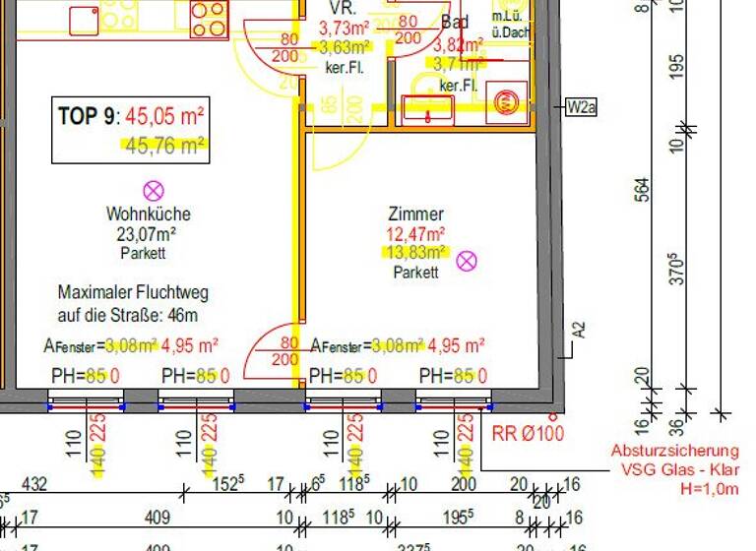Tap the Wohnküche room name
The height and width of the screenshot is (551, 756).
[148, 214]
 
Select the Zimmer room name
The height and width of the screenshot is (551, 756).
[415, 214]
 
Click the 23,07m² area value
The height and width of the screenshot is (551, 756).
[148, 234]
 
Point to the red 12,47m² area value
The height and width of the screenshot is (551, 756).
[415, 234]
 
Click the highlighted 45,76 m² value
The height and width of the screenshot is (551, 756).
[164, 147]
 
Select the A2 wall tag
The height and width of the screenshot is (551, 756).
[579, 329]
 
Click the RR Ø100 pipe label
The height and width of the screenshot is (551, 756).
[529, 432]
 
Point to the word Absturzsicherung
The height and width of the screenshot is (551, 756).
[674, 451]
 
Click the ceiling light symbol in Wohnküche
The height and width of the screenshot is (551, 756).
[153, 191]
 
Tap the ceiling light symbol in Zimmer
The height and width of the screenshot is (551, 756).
[468, 261]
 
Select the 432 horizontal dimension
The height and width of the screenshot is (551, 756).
[34, 484]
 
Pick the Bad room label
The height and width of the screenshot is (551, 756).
[455, 22]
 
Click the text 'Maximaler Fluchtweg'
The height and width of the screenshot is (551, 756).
[133, 293]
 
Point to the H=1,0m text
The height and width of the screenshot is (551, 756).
[705, 488]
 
